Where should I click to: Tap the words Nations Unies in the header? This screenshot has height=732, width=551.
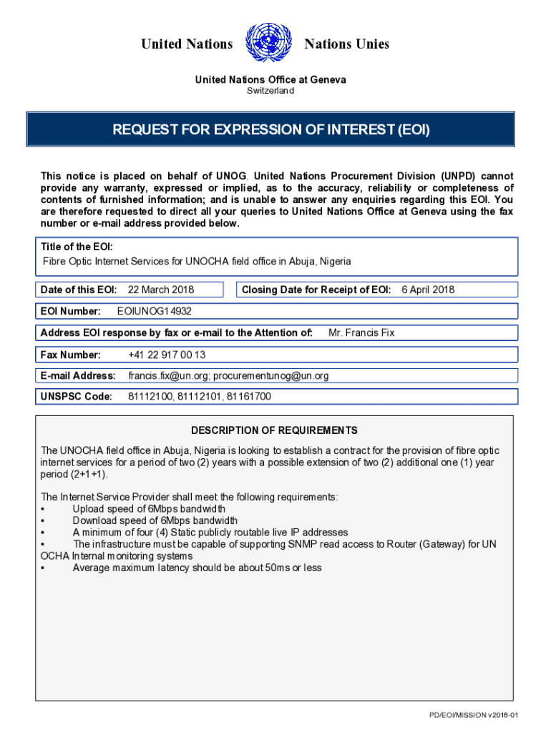point(347,44)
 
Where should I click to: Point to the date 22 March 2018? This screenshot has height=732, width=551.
point(161,290)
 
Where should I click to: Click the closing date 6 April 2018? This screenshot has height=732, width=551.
point(428,290)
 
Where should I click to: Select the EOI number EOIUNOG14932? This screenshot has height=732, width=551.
point(154,311)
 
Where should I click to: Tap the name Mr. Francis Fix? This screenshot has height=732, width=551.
point(361,332)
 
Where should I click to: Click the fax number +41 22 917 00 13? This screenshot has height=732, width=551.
point(167,354)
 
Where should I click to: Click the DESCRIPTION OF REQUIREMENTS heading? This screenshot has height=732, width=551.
point(274,430)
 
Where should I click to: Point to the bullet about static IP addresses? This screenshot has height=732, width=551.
point(210,533)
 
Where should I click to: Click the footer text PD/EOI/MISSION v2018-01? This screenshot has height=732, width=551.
point(473,716)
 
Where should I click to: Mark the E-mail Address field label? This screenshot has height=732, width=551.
point(78,375)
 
